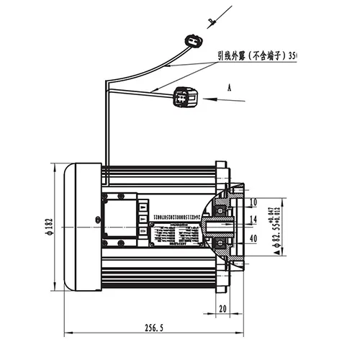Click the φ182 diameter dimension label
tap(49, 225)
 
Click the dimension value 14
tap(253, 218)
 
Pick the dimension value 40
tap(253, 238)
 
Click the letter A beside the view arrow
tap(228, 86)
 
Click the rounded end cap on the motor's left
tap(82, 226)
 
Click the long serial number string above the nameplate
tap(191, 210)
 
